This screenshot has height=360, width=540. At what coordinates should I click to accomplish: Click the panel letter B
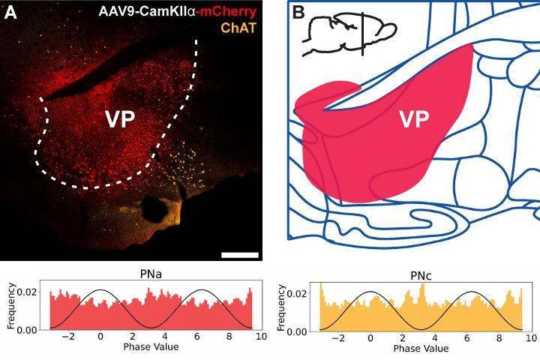[x=298, y=13]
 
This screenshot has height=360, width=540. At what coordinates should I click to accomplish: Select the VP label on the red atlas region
[x=415, y=120]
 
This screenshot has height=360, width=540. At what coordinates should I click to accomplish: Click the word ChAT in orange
[x=244, y=32]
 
